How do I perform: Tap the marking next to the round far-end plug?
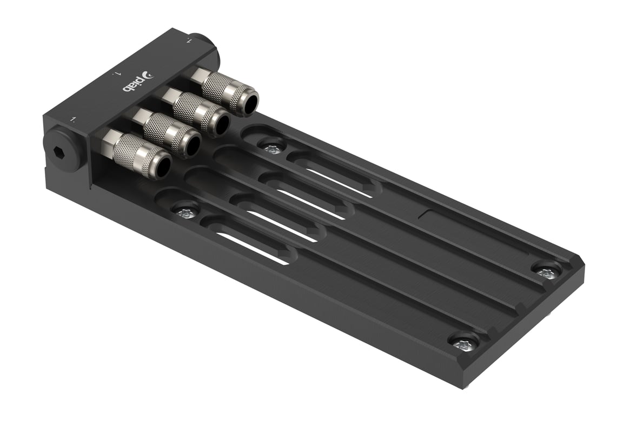[x=189, y=40]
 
